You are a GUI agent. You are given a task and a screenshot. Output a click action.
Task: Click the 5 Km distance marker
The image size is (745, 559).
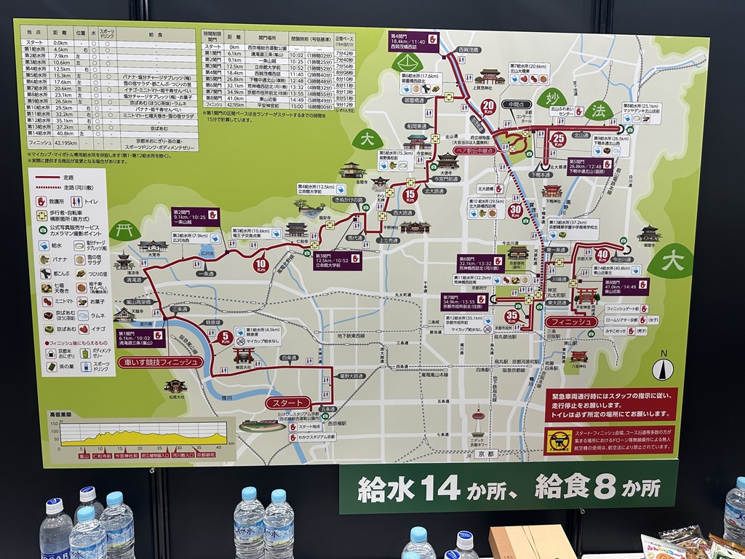click(x=225, y=338)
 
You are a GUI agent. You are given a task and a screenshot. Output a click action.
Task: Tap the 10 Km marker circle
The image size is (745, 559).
click(x=261, y=264)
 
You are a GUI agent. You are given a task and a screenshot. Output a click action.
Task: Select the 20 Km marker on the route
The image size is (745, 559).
click(x=488, y=106)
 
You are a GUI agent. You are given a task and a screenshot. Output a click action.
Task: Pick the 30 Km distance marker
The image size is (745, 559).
click(x=516, y=210)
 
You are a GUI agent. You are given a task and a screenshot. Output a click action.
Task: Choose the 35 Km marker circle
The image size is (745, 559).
click(x=512, y=316)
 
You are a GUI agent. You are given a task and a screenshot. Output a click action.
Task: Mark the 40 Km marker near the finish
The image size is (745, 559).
click(x=602, y=255)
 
